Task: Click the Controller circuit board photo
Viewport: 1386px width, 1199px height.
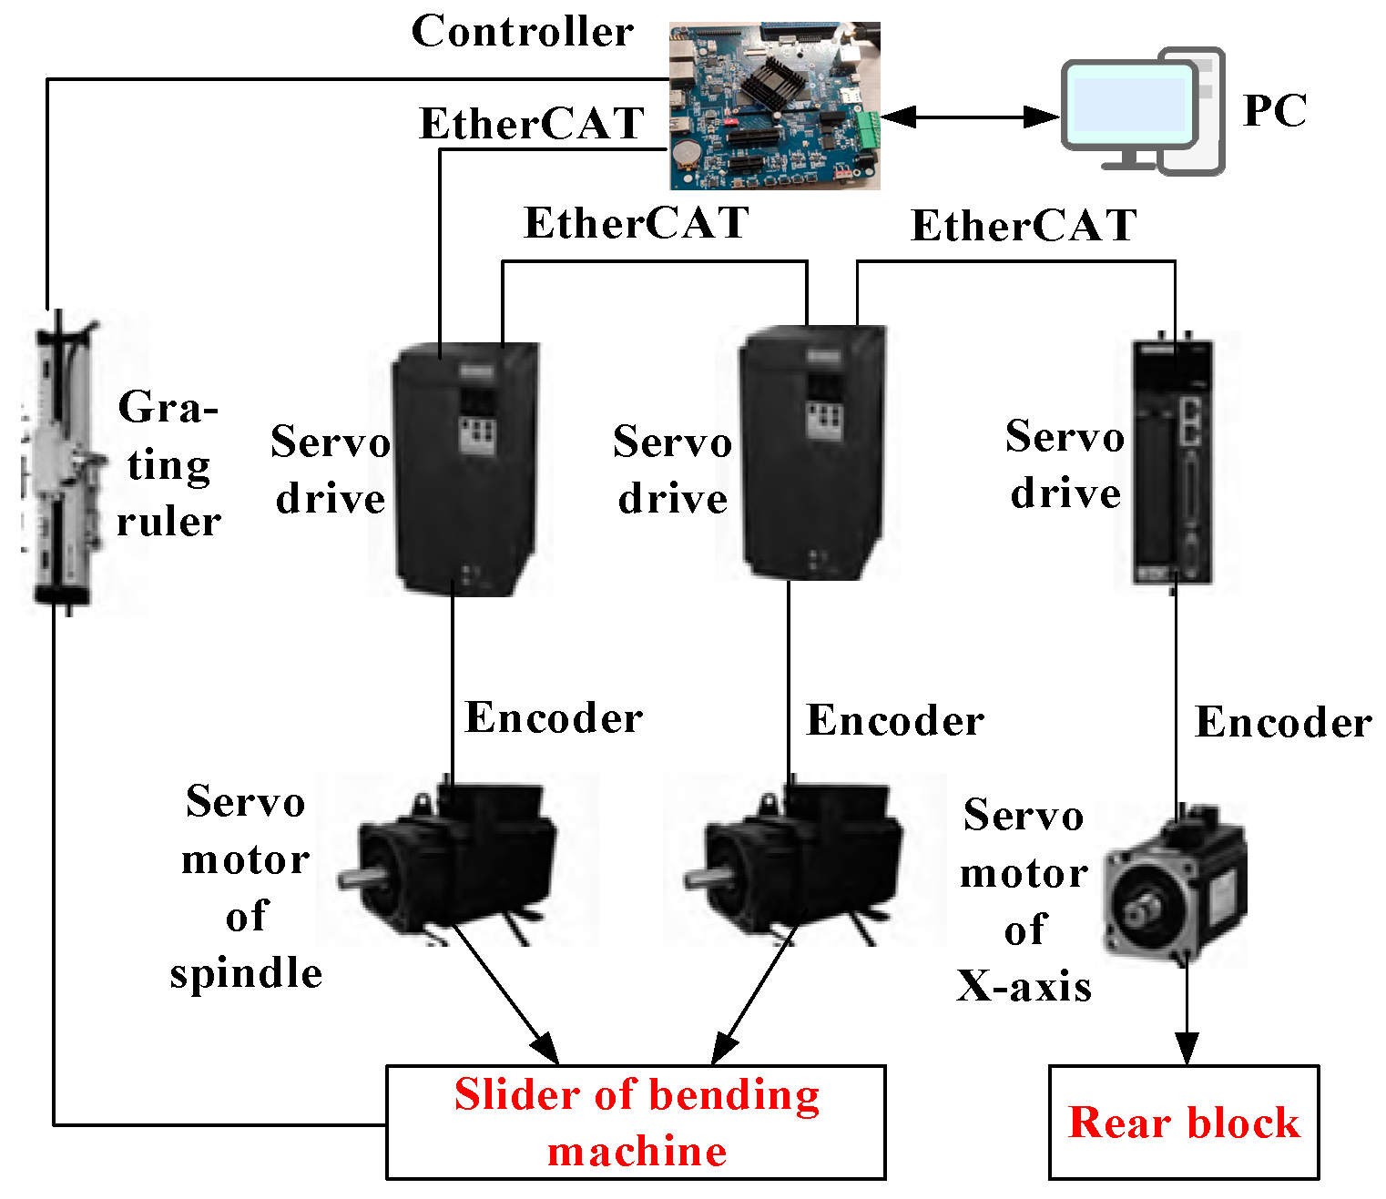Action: (x=774, y=106)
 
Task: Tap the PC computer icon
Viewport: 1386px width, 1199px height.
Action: (x=1142, y=111)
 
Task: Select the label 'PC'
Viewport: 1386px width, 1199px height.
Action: (x=1274, y=111)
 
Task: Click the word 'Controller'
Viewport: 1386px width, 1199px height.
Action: (x=522, y=32)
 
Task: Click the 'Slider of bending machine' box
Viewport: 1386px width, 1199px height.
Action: (x=636, y=1122)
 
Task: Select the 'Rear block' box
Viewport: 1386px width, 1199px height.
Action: (x=1183, y=1122)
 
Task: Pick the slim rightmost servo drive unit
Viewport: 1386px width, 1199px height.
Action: (x=1173, y=462)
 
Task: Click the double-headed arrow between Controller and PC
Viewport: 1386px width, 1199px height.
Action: (x=969, y=117)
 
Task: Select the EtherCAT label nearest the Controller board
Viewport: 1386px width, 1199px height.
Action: (x=532, y=124)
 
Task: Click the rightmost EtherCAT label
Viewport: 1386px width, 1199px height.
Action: (x=1024, y=226)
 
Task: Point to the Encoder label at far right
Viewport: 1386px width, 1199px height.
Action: (x=1282, y=722)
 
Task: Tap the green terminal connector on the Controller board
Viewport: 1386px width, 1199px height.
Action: (x=867, y=128)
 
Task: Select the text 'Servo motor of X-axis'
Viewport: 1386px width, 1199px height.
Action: (x=1024, y=899)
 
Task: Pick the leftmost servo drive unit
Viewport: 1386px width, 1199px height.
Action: (x=464, y=469)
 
